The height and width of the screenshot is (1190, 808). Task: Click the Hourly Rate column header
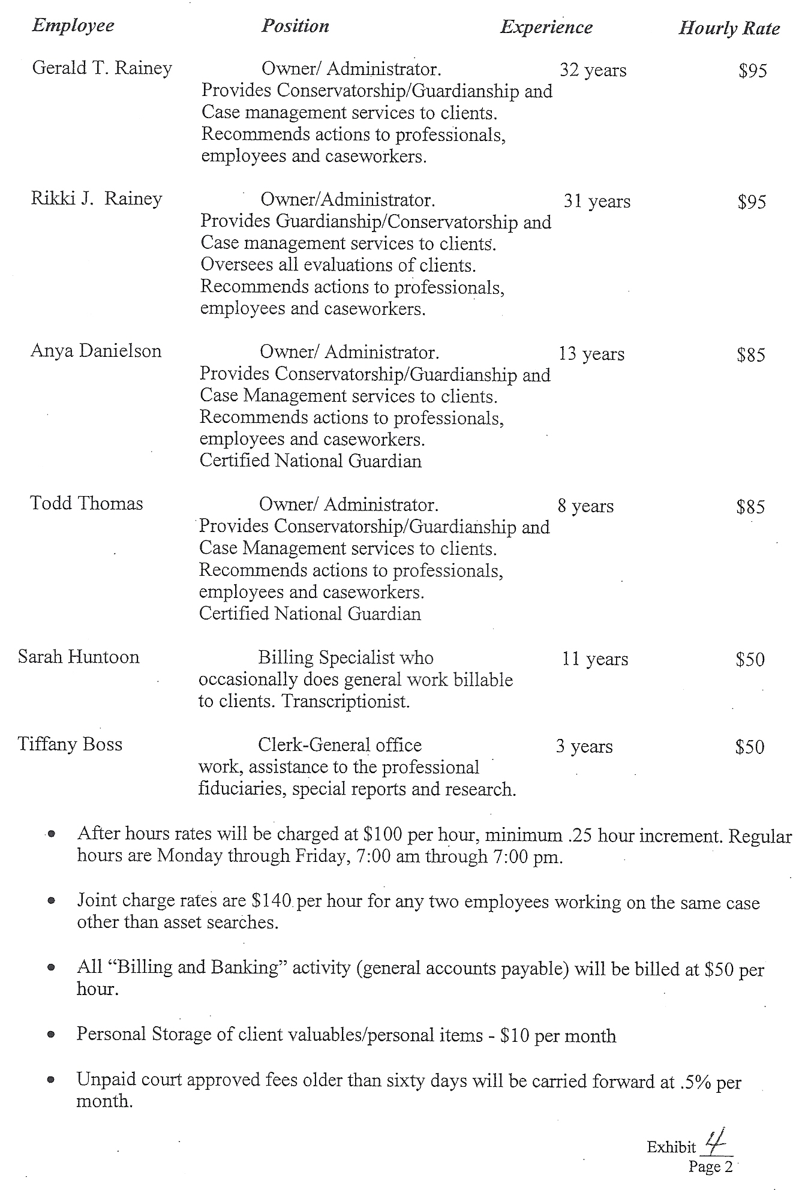(x=729, y=28)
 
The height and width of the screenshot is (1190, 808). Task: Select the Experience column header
(x=546, y=27)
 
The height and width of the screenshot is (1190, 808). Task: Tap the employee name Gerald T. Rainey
(x=102, y=68)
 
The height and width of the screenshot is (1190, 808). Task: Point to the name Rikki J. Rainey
(x=97, y=199)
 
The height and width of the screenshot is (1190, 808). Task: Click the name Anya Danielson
(x=96, y=351)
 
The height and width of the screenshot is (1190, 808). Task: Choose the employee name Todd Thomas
(x=86, y=503)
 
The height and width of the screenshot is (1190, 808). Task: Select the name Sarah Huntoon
(x=79, y=657)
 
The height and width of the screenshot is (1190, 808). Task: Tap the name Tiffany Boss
(x=70, y=744)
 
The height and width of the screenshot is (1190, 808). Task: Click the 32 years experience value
(x=593, y=70)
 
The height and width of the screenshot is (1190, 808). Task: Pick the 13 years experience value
(x=591, y=354)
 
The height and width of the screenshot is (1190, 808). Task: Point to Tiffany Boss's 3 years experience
(x=584, y=747)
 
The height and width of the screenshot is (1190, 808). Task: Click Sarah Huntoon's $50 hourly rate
(x=750, y=660)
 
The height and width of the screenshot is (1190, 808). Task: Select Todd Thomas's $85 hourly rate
(x=751, y=507)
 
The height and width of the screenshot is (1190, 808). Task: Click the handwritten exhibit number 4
(x=714, y=1143)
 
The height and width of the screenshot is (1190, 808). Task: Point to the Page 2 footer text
(x=711, y=1167)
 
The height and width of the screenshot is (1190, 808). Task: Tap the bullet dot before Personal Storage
(x=53, y=1035)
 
